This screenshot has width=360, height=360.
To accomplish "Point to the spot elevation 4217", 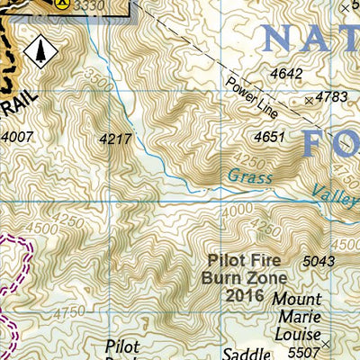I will [116, 139].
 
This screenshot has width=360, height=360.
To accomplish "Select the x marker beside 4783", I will [310, 101].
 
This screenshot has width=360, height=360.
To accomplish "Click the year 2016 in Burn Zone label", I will [246, 294].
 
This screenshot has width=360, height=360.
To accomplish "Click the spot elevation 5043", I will [319, 261].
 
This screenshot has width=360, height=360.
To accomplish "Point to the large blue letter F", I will [319, 144].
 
